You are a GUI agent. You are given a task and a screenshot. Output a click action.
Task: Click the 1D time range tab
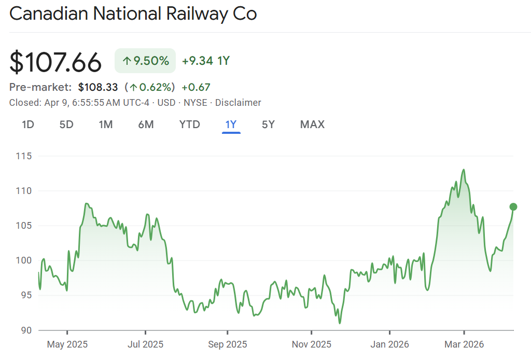pos(28,124)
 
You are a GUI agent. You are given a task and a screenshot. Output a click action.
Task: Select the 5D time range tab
pos(66,124)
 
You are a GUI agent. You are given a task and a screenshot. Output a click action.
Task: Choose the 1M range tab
pos(106,124)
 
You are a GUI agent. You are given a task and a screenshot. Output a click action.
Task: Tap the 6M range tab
pos(146,124)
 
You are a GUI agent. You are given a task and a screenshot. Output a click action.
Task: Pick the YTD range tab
pos(189,124)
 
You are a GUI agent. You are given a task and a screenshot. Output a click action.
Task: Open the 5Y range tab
pos(268,124)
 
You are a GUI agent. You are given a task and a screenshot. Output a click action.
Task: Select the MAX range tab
pos(312,124)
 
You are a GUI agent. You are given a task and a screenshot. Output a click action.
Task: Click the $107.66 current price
pos(55,62)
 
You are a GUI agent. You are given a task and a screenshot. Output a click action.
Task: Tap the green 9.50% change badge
pos(145,61)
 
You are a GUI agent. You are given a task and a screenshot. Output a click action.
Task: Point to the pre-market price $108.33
pos(98,87)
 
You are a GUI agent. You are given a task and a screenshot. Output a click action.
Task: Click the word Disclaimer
pos(238,103)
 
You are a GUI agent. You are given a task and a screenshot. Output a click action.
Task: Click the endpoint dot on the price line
pos(513,207)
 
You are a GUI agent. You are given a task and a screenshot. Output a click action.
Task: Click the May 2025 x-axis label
pos(67,344)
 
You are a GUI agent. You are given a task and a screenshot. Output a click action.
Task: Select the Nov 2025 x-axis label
pos(311,344)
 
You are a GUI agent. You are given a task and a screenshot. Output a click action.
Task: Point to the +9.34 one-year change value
pos(198,61)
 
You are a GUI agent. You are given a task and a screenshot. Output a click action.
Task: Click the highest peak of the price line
pos(463,170)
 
